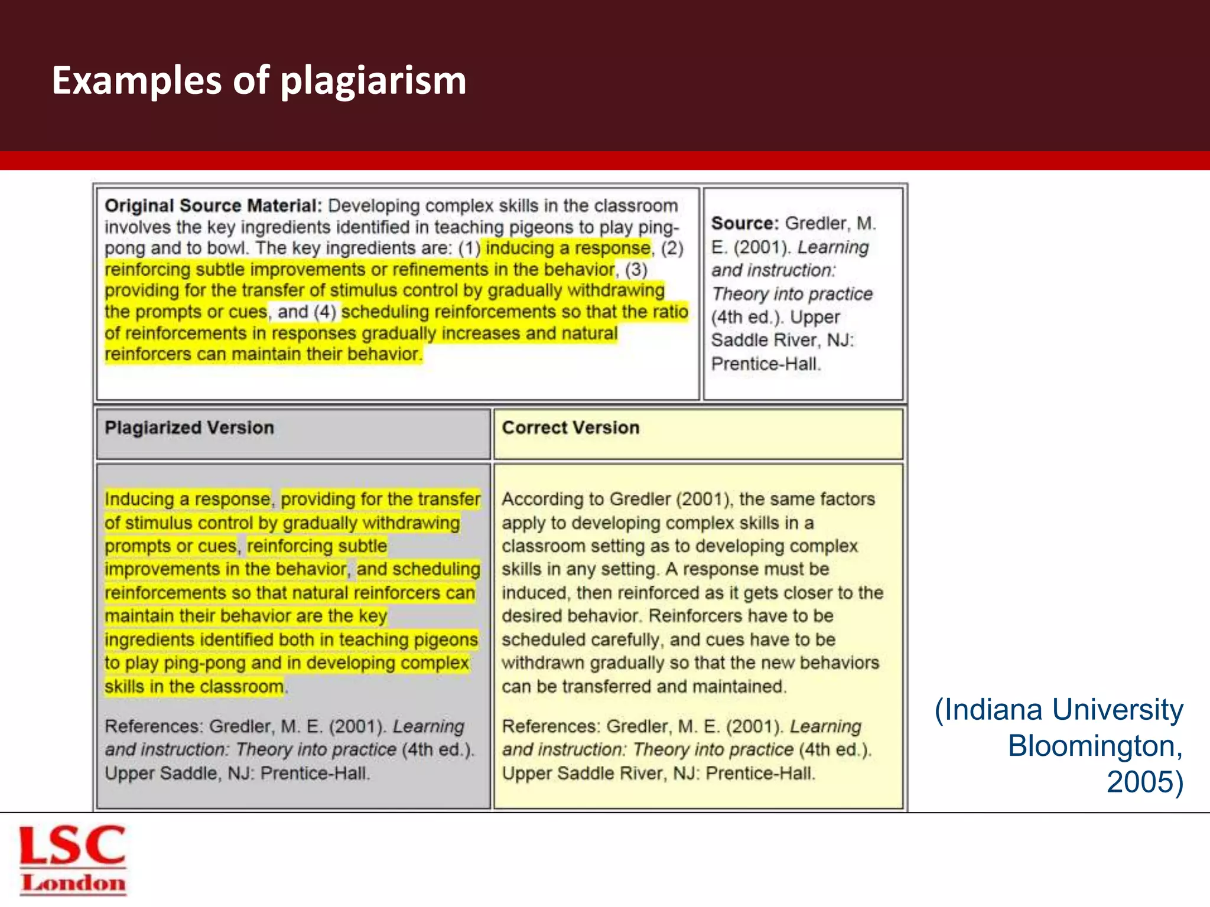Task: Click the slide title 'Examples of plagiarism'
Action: point(259,80)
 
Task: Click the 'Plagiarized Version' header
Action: point(189,428)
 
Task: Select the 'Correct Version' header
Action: point(571,428)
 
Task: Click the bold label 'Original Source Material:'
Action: point(213,205)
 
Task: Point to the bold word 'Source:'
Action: point(745,223)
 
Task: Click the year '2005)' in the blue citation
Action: point(1144,782)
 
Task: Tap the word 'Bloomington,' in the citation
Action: point(1095,746)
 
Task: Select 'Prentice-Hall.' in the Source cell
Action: point(766,364)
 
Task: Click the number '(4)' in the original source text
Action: point(325,312)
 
